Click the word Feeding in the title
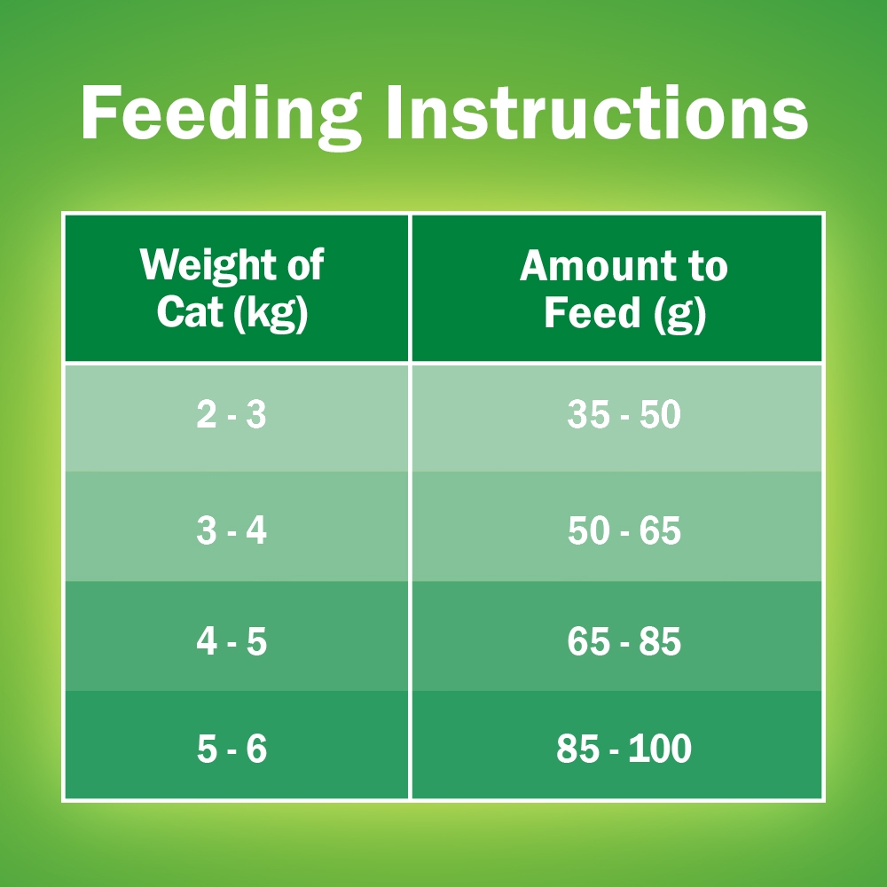tap(221, 116)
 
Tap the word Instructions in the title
tap(597, 113)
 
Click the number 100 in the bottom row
tap(660, 749)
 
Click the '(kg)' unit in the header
tap(271, 313)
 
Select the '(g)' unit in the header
tap(680, 314)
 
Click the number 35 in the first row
tap(588, 414)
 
